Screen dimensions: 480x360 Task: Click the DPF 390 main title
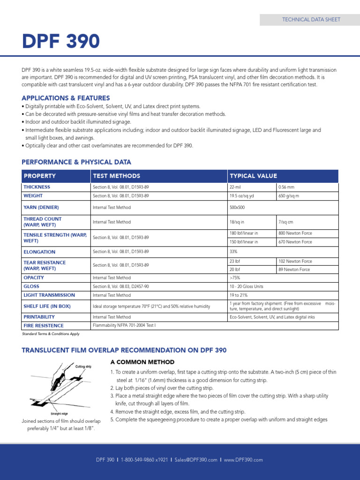(61, 42)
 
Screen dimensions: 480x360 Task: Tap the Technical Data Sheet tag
(311, 20)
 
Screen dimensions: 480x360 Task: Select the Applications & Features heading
(66, 98)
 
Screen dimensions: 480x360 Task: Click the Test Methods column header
(116, 176)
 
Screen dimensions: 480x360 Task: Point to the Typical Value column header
(253, 176)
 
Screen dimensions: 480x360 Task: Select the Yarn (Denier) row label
(41, 207)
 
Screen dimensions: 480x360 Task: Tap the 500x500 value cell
(238, 207)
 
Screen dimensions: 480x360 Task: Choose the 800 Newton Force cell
(295, 233)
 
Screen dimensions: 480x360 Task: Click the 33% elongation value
(233, 252)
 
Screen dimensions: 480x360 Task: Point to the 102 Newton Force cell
(295, 261)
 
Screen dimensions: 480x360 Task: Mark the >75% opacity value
(234, 278)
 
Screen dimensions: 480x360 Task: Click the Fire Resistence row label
(44, 325)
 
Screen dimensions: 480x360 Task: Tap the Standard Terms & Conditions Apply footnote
(51, 334)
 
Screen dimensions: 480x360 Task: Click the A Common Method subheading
(142, 362)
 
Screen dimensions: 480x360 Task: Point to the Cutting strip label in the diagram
(83, 366)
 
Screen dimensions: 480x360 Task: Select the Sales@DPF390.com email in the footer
(196, 460)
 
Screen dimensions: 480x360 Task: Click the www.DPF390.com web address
(243, 460)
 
